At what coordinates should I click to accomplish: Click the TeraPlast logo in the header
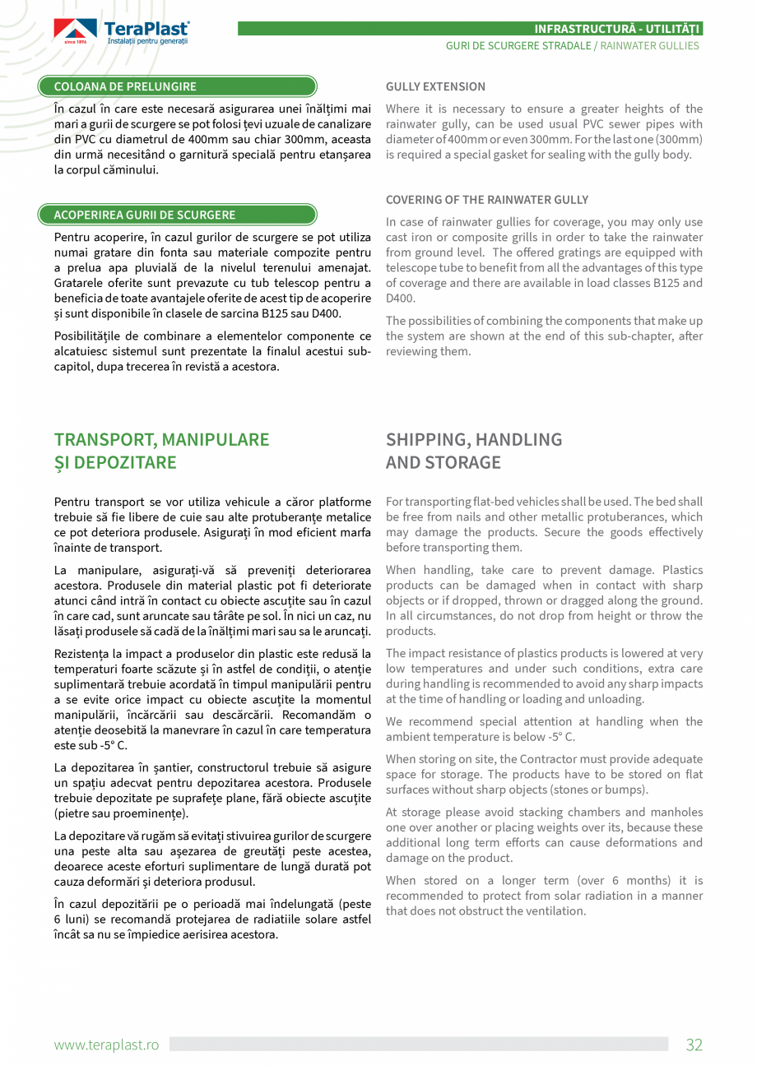[x=121, y=32]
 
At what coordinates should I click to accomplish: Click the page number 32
[x=694, y=1045]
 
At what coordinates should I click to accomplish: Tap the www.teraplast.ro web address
[x=106, y=1045]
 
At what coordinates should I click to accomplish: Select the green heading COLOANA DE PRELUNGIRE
[x=125, y=86]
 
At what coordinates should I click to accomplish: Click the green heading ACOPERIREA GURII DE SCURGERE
[x=144, y=215]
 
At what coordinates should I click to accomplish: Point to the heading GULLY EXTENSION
[x=435, y=86]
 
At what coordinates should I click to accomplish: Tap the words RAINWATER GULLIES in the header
[x=649, y=46]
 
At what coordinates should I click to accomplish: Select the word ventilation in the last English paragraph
[x=555, y=910]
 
